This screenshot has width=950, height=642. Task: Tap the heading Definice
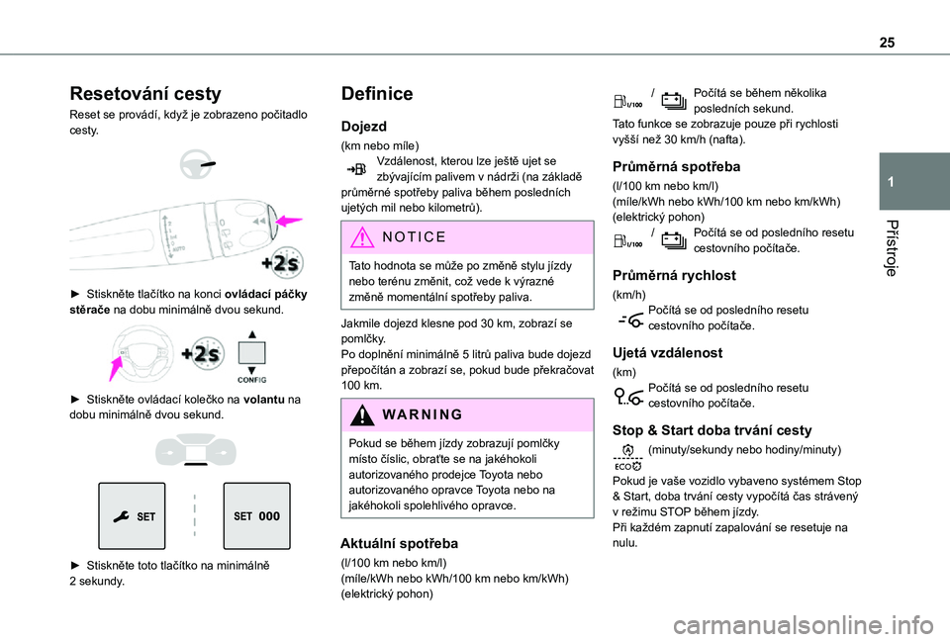coord(377,95)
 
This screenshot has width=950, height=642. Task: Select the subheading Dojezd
coord(363,127)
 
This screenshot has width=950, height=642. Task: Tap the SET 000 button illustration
coord(256,515)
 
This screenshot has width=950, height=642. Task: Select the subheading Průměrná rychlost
coord(675,275)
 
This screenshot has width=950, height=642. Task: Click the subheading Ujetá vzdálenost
coord(667,352)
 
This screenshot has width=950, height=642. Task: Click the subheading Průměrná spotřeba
coord(677,166)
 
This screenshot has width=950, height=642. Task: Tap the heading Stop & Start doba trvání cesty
coord(712,430)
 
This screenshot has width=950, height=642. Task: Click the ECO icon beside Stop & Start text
coord(627,457)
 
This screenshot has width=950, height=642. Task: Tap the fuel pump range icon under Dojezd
coord(357,170)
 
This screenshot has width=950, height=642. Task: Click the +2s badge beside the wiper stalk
coord(283,262)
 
